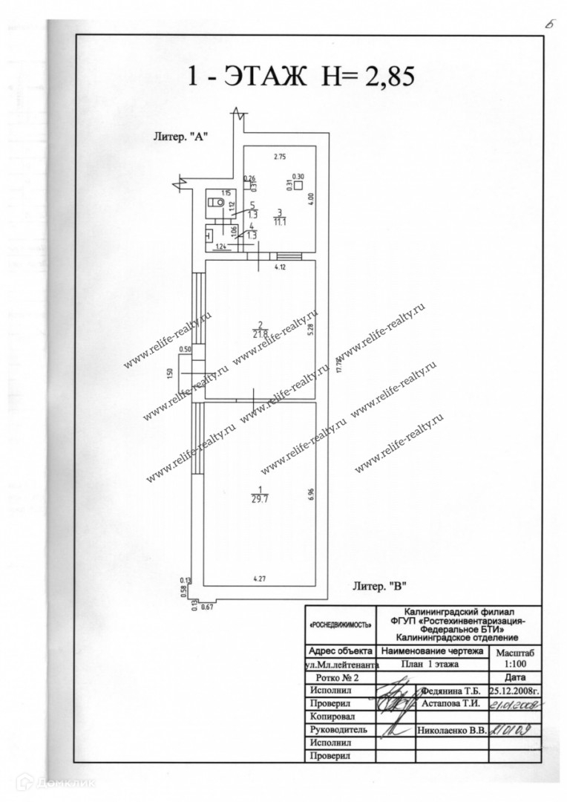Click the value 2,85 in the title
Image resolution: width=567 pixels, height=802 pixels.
coord(377,76)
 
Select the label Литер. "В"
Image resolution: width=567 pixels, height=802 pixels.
coord(380,587)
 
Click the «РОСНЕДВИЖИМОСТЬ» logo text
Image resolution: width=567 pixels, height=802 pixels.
coord(340,626)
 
